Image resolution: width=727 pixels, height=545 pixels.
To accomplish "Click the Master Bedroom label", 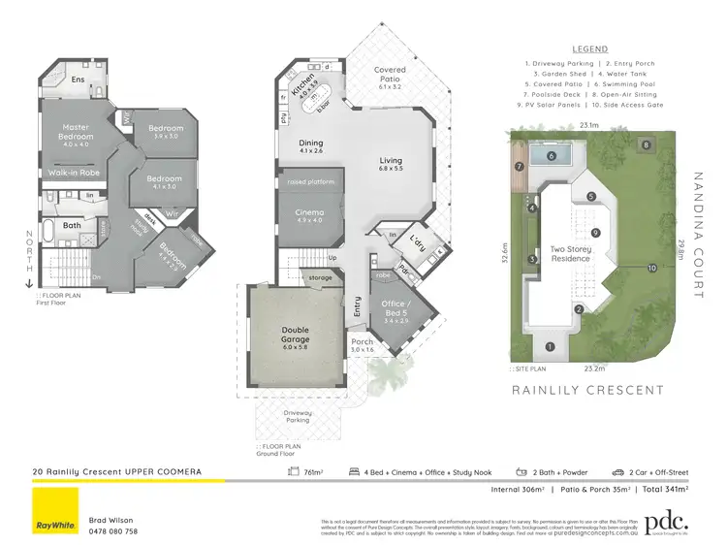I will click(x=76, y=132).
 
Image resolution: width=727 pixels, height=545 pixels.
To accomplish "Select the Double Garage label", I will click(x=296, y=334).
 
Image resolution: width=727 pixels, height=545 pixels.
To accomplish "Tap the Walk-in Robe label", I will click(x=76, y=173).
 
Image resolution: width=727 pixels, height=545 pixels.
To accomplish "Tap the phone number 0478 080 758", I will click(x=113, y=530).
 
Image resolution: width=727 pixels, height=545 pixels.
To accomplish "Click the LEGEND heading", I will click(x=589, y=48).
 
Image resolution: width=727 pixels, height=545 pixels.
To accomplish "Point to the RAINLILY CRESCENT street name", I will click(x=587, y=391).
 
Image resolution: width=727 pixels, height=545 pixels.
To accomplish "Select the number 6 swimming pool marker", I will click(x=551, y=155).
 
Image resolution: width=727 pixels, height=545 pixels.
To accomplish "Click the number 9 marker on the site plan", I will click(x=596, y=232).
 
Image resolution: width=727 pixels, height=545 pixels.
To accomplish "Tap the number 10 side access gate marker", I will click(x=652, y=268).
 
